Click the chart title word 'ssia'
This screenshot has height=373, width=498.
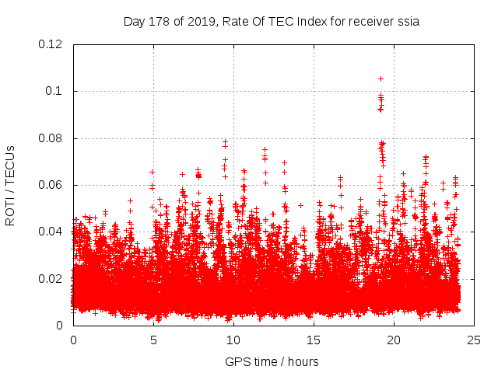tap(408, 22)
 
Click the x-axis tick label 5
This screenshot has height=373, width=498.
tap(153, 340)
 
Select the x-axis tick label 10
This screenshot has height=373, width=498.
tap(233, 340)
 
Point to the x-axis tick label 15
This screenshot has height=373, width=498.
tap(314, 340)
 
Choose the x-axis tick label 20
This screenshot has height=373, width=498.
tap(394, 340)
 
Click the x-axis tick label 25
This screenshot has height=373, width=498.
tap(474, 340)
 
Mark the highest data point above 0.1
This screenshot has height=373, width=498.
tap(381, 78)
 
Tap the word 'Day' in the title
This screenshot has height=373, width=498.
tap(134, 22)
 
